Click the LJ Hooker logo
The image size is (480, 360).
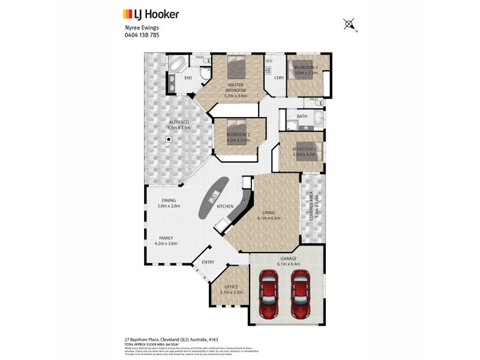[151, 14]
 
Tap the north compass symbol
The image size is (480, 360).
[349, 25]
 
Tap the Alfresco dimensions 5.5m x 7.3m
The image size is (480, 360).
[179, 128]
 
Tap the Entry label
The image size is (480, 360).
[208, 262]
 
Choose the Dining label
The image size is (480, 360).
[169, 200]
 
